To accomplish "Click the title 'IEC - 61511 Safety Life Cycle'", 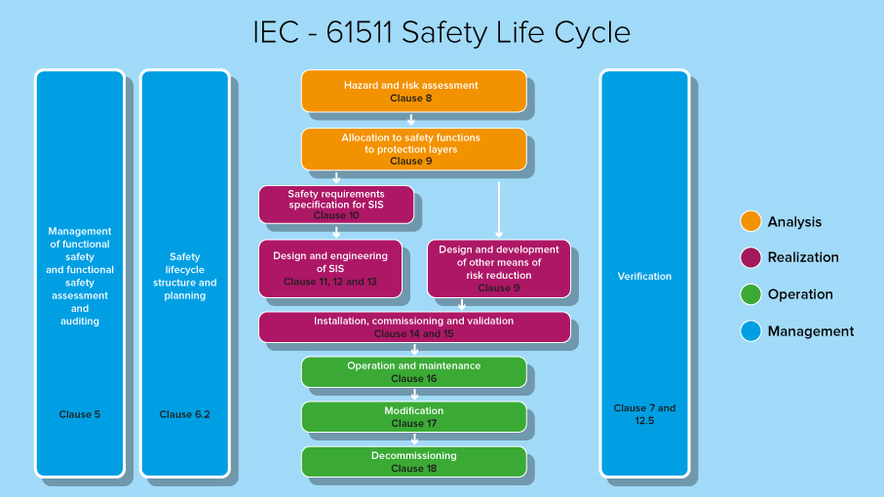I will pyautogui.click(x=442, y=32).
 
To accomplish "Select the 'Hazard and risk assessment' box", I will pyautogui.click(x=413, y=91).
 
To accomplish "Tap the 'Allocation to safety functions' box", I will pyautogui.click(x=413, y=149).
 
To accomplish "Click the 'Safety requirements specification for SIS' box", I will pyautogui.click(x=336, y=205).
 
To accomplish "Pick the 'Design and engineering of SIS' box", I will pyautogui.click(x=329, y=268).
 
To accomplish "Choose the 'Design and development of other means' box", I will pyautogui.click(x=498, y=268).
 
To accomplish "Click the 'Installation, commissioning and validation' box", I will pyautogui.click(x=414, y=326).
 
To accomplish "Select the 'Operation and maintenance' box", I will pyautogui.click(x=413, y=371).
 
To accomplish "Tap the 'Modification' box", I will pyautogui.click(x=413, y=416).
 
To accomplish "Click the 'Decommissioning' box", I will pyautogui.click(x=413, y=461).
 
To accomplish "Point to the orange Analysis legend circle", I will pyautogui.click(x=750, y=221).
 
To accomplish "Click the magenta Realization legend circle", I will pyautogui.click(x=750, y=257).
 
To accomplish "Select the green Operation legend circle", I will pyautogui.click(x=750, y=294).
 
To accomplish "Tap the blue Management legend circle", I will pyautogui.click(x=750, y=331).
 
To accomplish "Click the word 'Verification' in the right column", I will pyautogui.click(x=644, y=276).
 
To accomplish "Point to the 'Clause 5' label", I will pyautogui.click(x=80, y=414).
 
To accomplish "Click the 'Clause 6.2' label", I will pyautogui.click(x=185, y=414).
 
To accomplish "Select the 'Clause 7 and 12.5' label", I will pyautogui.click(x=644, y=414).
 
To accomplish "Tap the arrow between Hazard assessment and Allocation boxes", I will pyautogui.click(x=412, y=120).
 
